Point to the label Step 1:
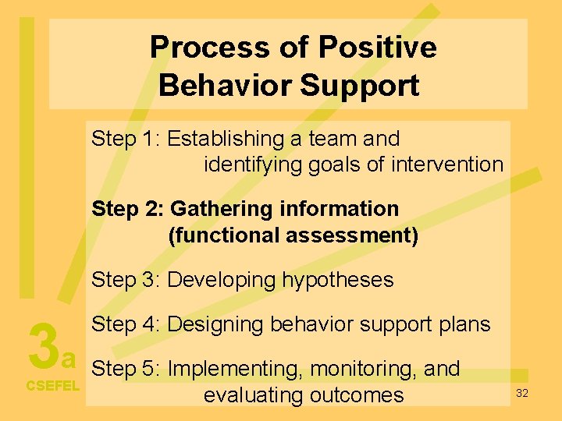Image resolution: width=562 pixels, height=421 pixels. pyautogui.click(x=126, y=140)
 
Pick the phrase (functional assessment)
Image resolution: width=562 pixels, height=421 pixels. pyautogui.click(x=293, y=235)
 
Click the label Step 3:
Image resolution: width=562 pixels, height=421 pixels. pyautogui.click(x=126, y=280)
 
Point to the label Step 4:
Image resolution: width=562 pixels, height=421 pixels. pyautogui.click(x=126, y=324)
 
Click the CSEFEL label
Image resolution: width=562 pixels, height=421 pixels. pyautogui.click(x=53, y=385)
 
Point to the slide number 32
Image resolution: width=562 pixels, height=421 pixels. pyautogui.click(x=522, y=393)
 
